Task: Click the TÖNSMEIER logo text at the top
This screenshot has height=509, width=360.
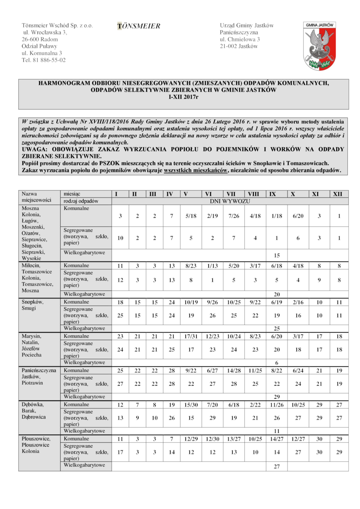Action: click(x=139, y=27)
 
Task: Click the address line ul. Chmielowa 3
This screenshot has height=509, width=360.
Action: click(x=240, y=40)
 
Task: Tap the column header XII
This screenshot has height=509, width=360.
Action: click(x=337, y=194)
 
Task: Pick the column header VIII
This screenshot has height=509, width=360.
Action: click(x=253, y=194)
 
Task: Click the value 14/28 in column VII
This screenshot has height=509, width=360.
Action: click(x=233, y=370)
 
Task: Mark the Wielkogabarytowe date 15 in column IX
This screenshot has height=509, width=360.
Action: click(x=276, y=255)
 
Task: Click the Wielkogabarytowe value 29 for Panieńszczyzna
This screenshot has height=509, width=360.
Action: click(x=276, y=397)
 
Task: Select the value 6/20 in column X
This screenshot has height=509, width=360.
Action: click(x=298, y=216)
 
